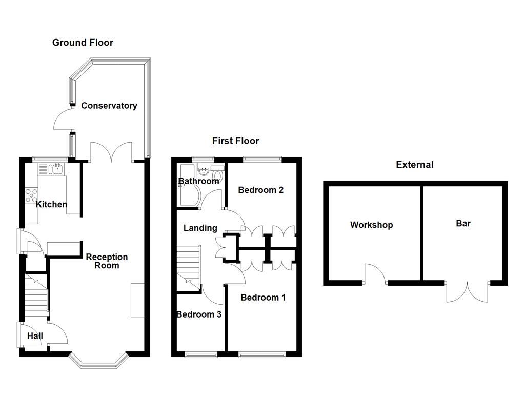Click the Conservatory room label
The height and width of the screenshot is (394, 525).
(x=109, y=106)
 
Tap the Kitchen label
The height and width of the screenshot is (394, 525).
(x=51, y=204)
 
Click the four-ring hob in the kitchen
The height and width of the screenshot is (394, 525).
(x=31, y=194)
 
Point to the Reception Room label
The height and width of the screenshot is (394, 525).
(x=107, y=261)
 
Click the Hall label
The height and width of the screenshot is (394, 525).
(x=35, y=336)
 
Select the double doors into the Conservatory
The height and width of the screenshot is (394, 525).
(x=112, y=152)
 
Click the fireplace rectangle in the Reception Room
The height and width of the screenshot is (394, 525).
(x=137, y=300)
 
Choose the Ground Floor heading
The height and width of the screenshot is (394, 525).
(x=83, y=43)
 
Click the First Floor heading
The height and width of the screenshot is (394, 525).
(x=236, y=141)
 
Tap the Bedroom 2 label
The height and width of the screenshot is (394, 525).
(x=261, y=190)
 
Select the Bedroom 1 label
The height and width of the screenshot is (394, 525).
(x=263, y=297)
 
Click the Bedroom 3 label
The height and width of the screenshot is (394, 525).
(x=199, y=314)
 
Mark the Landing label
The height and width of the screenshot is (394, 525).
(x=200, y=228)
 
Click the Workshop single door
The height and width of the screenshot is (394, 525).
(x=375, y=274)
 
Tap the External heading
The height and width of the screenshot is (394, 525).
(x=414, y=165)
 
